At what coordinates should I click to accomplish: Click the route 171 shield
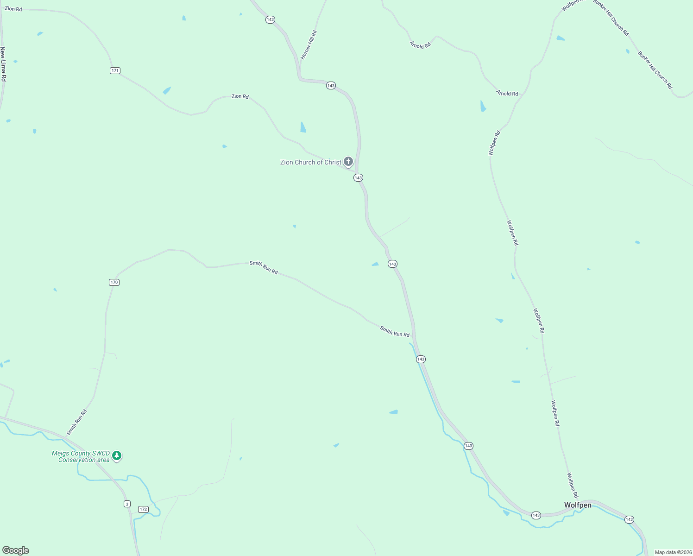coord(115,70)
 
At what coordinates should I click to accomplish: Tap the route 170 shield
coord(114,282)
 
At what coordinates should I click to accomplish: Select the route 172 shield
coord(143,509)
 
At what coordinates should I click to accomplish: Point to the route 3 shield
coord(127,504)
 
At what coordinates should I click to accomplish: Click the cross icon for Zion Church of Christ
coord(348,161)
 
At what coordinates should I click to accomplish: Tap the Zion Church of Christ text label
coord(310,162)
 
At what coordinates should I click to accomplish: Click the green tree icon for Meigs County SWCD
coord(117,456)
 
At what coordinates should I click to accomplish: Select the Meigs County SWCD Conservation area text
coord(81,456)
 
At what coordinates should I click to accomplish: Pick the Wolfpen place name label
coord(578,505)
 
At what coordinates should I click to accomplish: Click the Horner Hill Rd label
coord(309,45)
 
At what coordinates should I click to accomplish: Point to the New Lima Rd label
coord(3,64)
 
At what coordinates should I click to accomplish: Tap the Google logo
coord(16,550)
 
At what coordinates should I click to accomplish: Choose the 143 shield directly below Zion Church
coord(358,177)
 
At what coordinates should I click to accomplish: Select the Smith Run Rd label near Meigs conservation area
coord(77,422)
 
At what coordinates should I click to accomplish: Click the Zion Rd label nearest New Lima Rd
coord(13,9)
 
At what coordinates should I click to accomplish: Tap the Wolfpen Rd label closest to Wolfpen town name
coord(573,485)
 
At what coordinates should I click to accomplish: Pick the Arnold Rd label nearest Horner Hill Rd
coord(420,45)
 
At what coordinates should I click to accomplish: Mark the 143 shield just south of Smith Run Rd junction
coord(421,359)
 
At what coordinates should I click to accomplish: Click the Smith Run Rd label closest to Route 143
coord(395,331)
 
